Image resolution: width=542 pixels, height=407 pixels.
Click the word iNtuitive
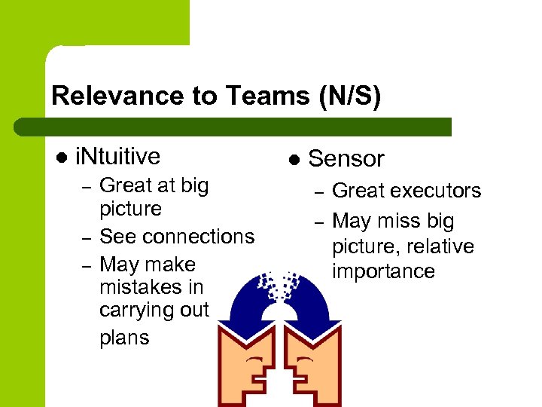point(118,156)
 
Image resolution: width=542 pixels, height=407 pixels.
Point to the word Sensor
point(346,158)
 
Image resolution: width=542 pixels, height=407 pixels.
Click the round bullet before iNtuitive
point(61,157)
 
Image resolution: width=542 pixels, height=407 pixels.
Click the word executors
point(432,191)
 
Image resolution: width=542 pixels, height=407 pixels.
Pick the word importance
point(384,271)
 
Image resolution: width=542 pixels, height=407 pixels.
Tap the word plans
point(124,338)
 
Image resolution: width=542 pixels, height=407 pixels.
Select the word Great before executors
point(355,191)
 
